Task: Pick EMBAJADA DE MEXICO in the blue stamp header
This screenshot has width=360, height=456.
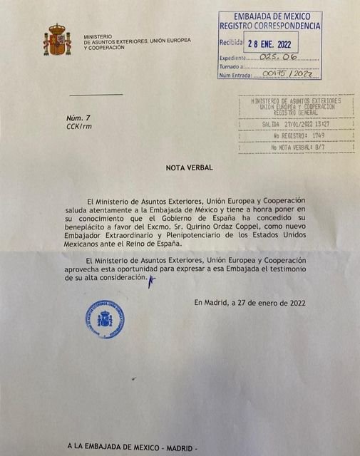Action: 269,16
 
